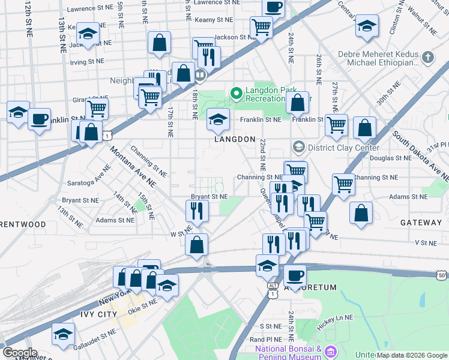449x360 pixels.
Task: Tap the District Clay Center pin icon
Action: point(298,147)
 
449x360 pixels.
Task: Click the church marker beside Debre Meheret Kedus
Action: point(427,58)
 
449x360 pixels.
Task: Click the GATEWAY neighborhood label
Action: point(421,223)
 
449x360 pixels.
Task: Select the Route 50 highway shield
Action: point(442,274)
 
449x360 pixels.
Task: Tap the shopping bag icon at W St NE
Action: point(196,244)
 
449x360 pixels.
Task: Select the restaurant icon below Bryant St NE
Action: point(196,209)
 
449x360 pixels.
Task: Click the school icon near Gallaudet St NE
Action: point(63,334)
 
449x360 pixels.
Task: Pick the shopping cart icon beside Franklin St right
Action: point(336,125)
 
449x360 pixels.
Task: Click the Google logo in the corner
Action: point(19,352)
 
